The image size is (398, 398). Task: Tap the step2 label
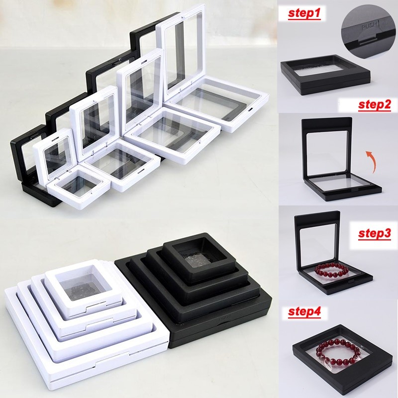pyautogui.click(x=374, y=105)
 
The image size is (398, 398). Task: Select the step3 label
pyautogui.click(x=375, y=234)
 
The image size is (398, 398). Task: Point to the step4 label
pyautogui.click(x=305, y=312)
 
